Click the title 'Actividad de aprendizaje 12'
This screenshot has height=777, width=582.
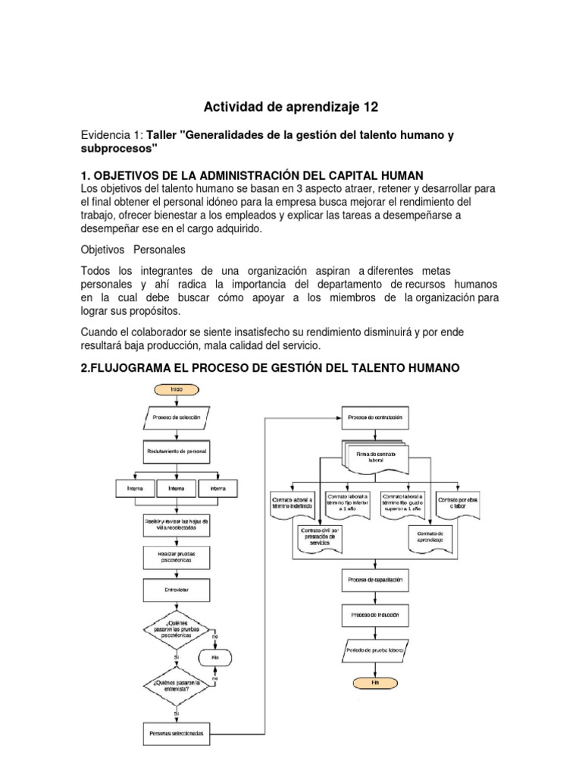[291, 106]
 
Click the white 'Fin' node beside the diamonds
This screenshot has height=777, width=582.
[216, 657]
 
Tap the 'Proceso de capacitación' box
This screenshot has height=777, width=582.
[374, 580]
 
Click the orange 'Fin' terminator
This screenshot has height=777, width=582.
[374, 681]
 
